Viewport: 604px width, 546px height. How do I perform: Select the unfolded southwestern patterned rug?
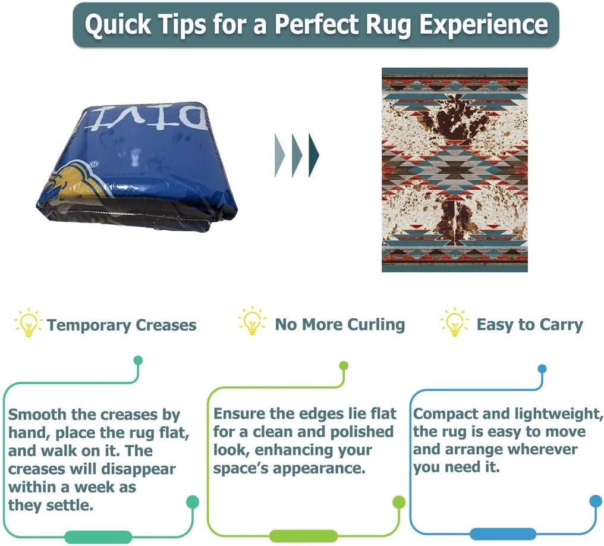point(455,170)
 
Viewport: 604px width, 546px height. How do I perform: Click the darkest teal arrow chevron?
point(314,155)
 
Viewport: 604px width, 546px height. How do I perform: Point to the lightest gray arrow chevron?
point(279,155)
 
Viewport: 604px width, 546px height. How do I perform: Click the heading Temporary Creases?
point(121,325)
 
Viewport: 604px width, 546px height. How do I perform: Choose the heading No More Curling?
point(339,325)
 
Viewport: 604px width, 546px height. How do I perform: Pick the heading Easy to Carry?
point(530,325)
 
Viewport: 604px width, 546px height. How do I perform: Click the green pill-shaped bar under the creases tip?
point(98,536)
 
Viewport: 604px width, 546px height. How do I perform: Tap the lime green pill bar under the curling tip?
point(303,535)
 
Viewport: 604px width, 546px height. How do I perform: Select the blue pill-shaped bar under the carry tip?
point(503,534)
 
